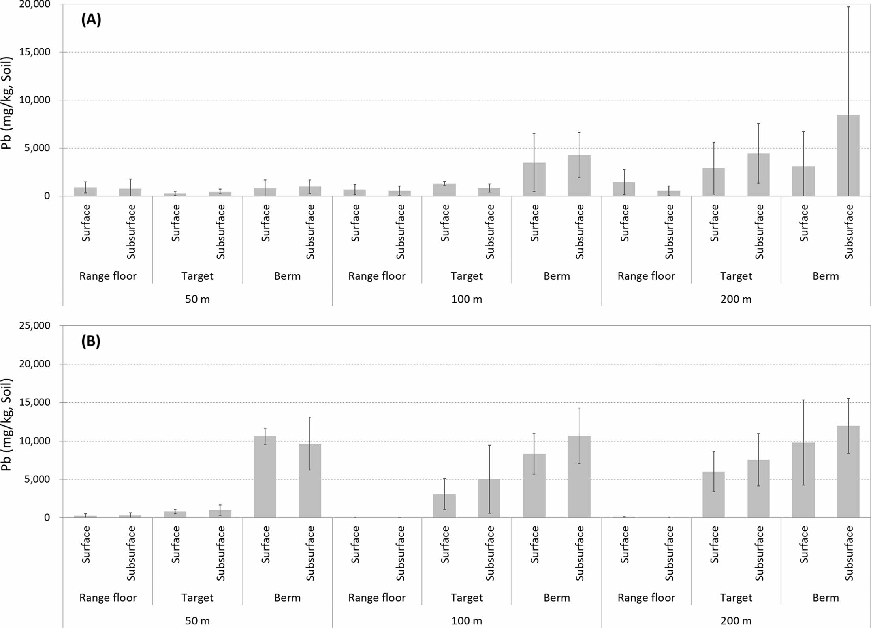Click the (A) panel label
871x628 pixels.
[x=91, y=19]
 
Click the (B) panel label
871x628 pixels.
[x=91, y=341]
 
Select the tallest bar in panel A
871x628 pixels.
[x=848, y=155]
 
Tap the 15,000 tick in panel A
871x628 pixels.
[x=35, y=52]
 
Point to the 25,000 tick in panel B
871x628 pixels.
[x=35, y=325]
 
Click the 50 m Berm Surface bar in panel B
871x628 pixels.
[x=265, y=477]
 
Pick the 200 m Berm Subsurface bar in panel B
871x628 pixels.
[x=848, y=472]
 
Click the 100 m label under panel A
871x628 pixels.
[x=467, y=299]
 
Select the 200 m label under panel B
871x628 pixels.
[x=736, y=620]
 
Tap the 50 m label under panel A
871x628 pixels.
[x=197, y=299]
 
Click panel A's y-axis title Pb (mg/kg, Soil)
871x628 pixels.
[x=7, y=103]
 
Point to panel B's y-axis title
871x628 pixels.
[x=7, y=425]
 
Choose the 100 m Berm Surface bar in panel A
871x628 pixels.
[x=534, y=179]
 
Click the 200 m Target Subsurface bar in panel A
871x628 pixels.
[x=758, y=175]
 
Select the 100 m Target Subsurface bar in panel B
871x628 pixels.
[x=489, y=498]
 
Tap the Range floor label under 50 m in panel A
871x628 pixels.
[x=108, y=276]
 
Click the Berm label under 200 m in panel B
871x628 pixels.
[x=826, y=598]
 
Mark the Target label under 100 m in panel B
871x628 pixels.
[x=467, y=598]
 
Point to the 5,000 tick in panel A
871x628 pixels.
[x=38, y=148]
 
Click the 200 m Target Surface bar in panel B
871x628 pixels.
[x=713, y=495]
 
